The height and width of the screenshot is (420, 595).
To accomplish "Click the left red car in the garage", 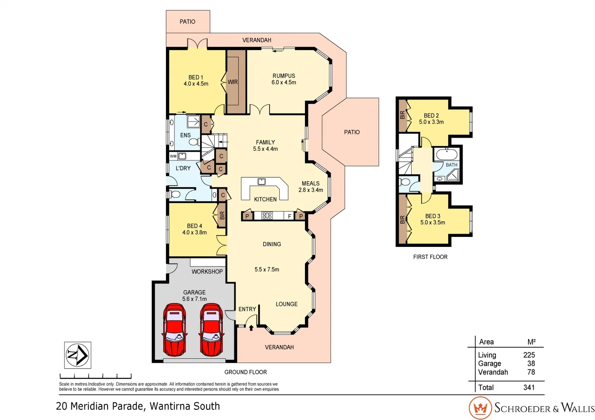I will coord(174,330).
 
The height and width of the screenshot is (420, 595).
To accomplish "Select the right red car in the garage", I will coord(211,330).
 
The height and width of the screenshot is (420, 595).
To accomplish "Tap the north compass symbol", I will coord(77,355).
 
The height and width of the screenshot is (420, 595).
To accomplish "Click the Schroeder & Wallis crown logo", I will coord(480,408).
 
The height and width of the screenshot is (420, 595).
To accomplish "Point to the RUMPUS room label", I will coord(283,76).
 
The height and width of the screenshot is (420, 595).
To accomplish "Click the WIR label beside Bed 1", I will coord(232,82).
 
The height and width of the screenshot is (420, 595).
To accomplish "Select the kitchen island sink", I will coord(262,182).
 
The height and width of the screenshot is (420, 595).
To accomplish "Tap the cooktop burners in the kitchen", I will coord(267,215).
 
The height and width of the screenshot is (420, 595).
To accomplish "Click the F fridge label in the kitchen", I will coord(289,216).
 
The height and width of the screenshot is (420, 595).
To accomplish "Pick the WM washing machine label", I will coord(173,156).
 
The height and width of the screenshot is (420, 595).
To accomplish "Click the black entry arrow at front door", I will coord(251,328).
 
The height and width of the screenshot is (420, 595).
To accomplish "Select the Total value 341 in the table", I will coord(529,387).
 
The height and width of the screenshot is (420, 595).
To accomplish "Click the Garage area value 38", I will coord(531,364).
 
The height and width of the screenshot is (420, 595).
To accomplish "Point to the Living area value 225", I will coord(529,355).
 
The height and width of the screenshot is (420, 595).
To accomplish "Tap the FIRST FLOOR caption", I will coord(430,257).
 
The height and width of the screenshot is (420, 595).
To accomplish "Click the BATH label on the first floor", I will coord(451,165).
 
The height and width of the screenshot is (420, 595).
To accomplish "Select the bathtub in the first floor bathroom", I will coord(446,155).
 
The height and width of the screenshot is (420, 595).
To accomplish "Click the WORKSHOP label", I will coord(207,271).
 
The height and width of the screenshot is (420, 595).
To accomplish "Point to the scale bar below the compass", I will coord(95,376).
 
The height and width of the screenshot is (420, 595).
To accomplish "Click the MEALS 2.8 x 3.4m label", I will coord(310,187).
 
